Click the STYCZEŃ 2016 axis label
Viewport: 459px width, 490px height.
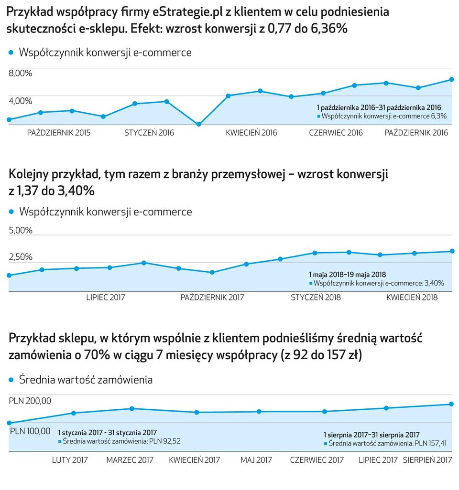(x=149, y=133)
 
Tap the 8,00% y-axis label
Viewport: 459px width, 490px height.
(x=21, y=73)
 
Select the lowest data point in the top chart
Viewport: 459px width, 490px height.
(x=199, y=124)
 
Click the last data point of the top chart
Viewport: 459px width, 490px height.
(x=451, y=79)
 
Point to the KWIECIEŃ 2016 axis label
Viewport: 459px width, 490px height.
(x=251, y=133)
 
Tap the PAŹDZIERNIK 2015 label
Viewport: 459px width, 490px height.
(x=59, y=133)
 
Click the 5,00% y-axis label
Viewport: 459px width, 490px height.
(x=21, y=230)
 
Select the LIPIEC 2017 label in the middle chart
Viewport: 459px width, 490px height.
(x=106, y=297)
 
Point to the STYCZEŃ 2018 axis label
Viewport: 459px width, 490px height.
(x=316, y=297)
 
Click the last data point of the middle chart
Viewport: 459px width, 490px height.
(x=452, y=251)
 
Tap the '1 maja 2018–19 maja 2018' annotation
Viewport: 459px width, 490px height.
(x=347, y=275)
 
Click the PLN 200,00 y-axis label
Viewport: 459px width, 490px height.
(x=30, y=401)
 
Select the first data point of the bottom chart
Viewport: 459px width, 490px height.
(x=9, y=423)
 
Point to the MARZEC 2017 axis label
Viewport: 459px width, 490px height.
(x=130, y=460)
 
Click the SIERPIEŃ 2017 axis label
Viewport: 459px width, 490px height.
(x=427, y=460)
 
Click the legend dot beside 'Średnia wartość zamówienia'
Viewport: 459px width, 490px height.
(x=11, y=380)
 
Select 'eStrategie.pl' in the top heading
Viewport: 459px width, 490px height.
(x=188, y=12)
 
